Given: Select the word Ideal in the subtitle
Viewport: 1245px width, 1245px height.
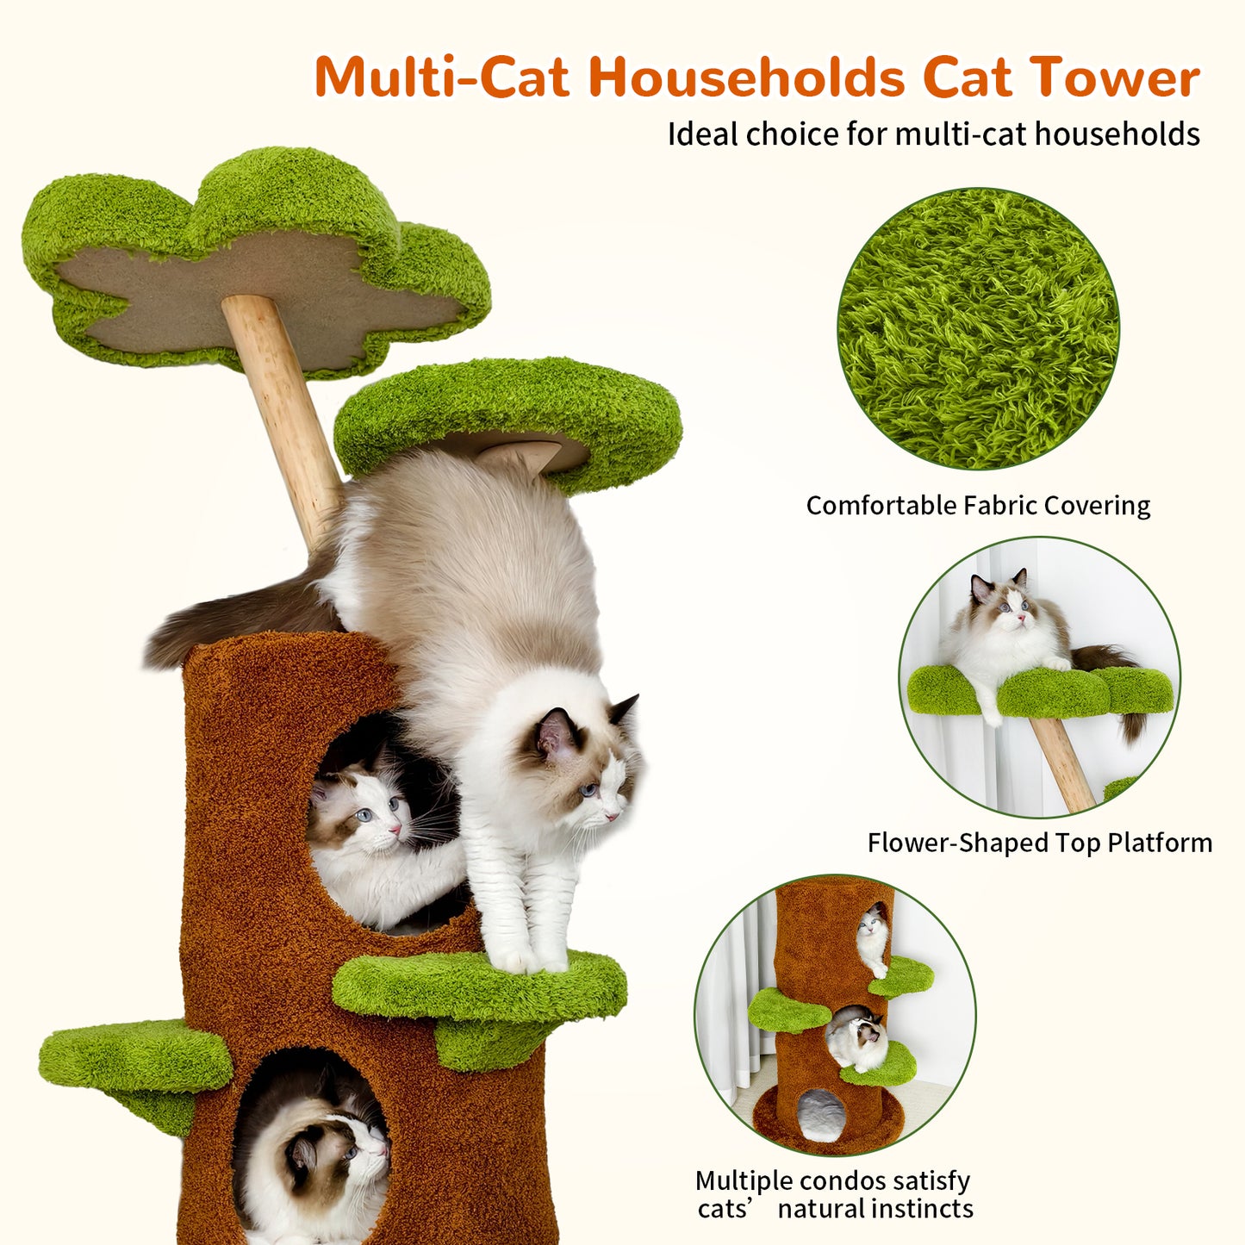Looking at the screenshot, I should pos(703,134).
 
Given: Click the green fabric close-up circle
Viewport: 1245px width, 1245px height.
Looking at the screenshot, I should pos(978,329).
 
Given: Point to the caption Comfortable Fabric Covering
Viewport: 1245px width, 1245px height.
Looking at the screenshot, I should pos(978,506).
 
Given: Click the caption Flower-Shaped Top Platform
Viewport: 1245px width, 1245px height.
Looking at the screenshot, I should pos(1039,843).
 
